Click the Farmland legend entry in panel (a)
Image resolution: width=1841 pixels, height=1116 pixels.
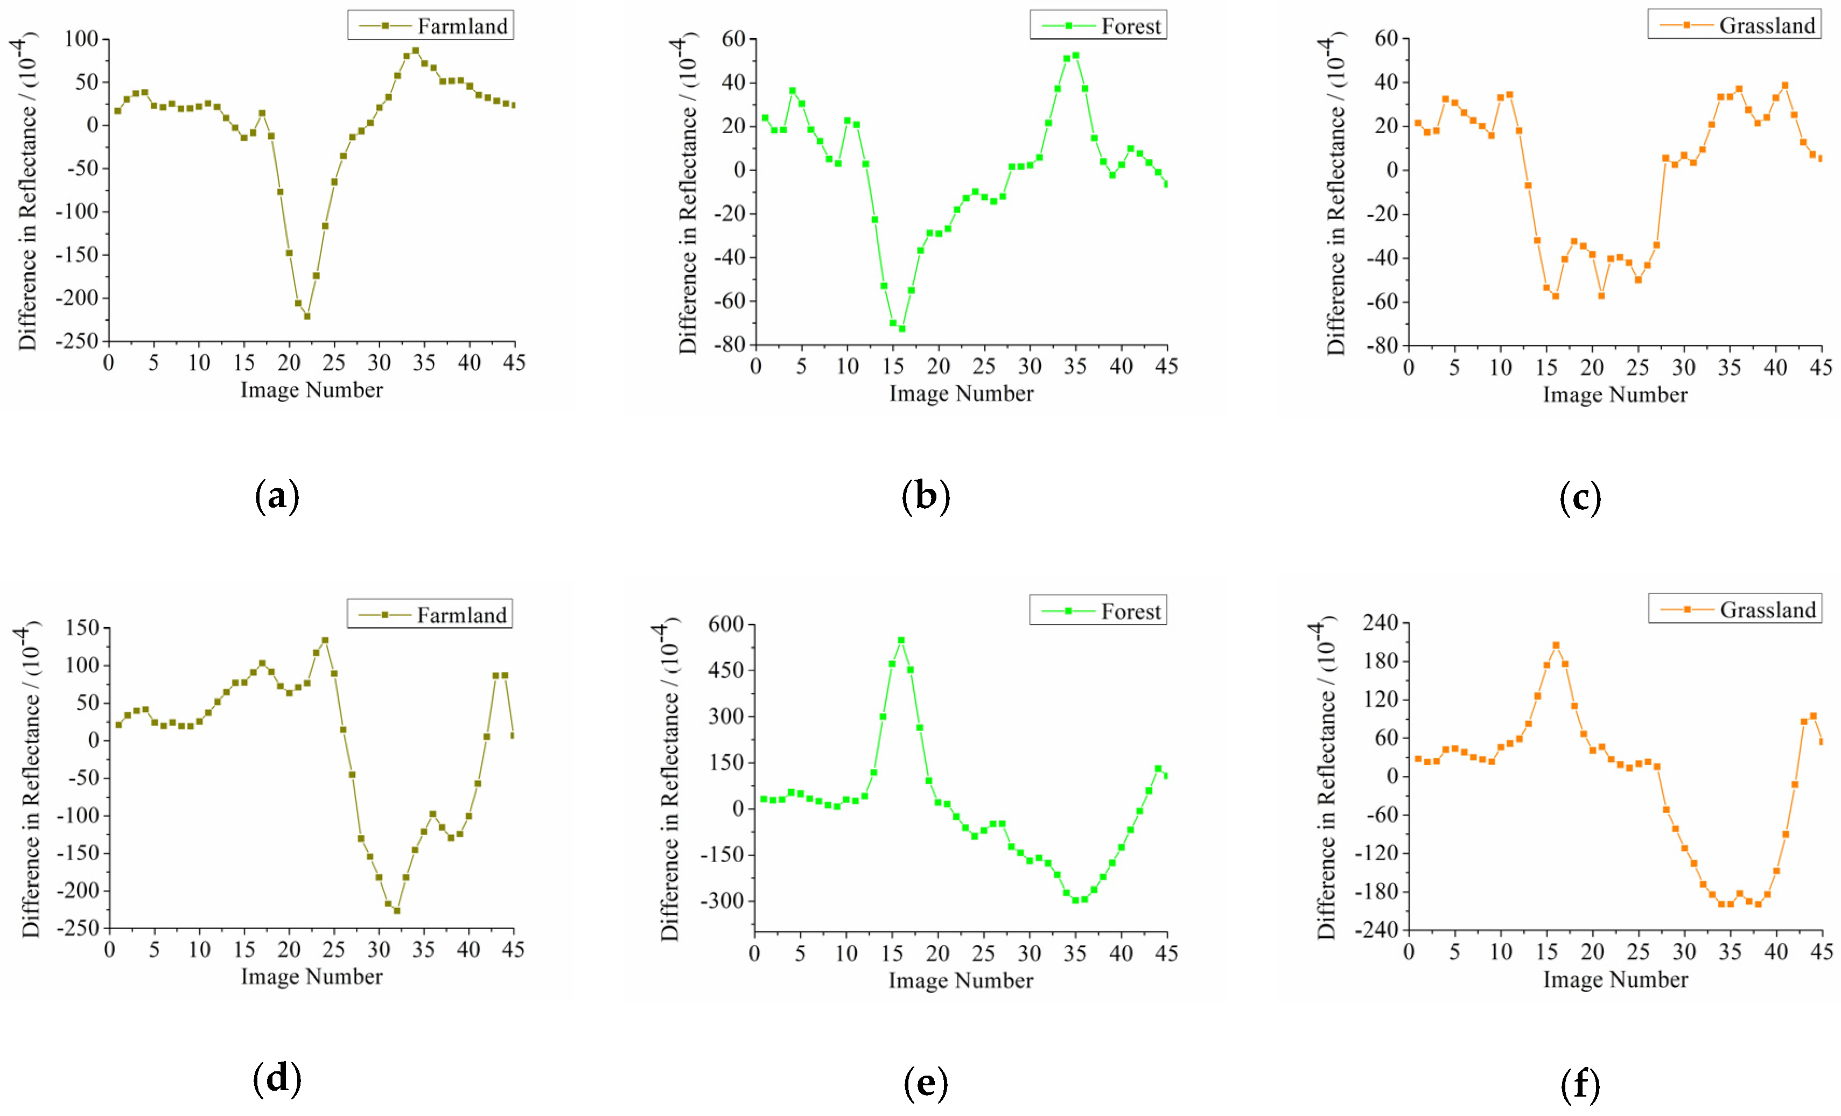pos(431,25)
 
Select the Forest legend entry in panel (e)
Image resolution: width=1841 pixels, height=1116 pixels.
pos(1098,610)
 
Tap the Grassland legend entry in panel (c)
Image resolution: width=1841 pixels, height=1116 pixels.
pos(1734,25)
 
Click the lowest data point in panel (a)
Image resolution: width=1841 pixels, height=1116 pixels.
pos(307,316)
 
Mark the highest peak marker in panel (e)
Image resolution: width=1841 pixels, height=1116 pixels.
pos(901,640)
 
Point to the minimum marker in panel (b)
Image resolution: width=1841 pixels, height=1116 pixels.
pos(902,329)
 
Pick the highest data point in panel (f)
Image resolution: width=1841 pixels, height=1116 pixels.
pos(1556,645)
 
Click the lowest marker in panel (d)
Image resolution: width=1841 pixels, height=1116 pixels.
pos(397,910)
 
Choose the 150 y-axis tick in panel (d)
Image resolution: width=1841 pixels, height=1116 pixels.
pos(82,628)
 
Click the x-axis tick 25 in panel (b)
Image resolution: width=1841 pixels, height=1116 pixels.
pos(984,366)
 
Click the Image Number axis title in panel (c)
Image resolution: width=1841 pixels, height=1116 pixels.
pos(1615,395)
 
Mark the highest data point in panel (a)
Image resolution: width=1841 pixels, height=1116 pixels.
pos(415,51)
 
